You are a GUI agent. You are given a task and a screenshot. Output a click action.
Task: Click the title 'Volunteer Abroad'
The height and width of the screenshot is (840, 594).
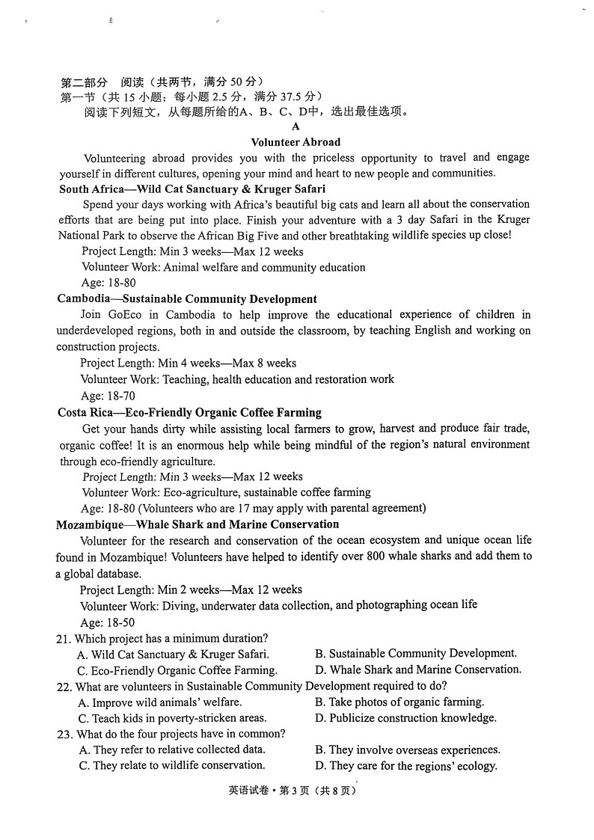(x=296, y=142)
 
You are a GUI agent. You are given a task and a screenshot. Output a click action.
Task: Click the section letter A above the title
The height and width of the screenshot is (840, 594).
(x=296, y=126)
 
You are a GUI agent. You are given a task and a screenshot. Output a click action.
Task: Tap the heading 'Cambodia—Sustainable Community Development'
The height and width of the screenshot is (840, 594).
(x=187, y=299)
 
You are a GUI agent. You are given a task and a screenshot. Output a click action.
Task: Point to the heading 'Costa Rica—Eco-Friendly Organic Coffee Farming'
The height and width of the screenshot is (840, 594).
(x=189, y=412)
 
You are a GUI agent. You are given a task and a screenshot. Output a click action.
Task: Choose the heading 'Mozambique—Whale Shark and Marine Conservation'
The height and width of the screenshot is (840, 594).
(x=198, y=524)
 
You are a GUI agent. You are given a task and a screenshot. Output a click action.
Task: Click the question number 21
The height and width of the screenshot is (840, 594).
(x=64, y=639)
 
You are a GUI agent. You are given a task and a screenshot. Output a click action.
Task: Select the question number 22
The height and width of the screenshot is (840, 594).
(x=64, y=687)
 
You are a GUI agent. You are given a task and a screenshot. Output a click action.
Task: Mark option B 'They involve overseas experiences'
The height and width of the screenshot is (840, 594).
(x=407, y=750)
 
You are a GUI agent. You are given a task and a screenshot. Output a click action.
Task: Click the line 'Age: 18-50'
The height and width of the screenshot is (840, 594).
(x=108, y=622)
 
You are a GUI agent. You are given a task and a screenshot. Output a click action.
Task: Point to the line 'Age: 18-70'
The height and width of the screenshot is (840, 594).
(x=108, y=396)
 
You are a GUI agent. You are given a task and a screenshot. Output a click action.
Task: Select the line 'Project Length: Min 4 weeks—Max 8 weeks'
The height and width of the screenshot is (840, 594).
(x=188, y=364)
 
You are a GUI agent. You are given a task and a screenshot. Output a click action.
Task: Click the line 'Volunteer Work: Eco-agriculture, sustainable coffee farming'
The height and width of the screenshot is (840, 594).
(x=226, y=492)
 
